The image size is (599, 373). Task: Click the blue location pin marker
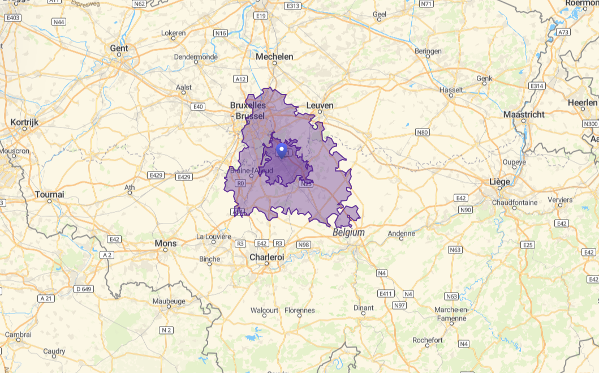[x=282, y=151]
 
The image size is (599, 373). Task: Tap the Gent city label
[x=119, y=48]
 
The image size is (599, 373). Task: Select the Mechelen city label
[x=274, y=57]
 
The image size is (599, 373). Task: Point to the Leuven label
[x=320, y=105]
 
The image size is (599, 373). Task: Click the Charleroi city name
[x=266, y=257]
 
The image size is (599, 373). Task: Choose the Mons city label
[x=166, y=243]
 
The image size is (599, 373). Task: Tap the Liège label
[x=499, y=182]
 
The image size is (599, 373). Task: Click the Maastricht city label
[x=524, y=114]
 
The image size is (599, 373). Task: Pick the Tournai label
[x=49, y=194]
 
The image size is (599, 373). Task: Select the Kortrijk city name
[x=24, y=122]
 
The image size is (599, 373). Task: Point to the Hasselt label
[x=451, y=90]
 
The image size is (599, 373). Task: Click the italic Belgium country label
[x=348, y=233]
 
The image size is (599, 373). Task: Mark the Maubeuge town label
[x=168, y=302]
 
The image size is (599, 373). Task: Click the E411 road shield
[x=387, y=294]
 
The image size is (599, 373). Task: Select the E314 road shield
[x=537, y=85]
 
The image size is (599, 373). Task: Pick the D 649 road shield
[x=83, y=289]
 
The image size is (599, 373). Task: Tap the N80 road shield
[x=423, y=132]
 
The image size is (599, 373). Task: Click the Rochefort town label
[x=428, y=340]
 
